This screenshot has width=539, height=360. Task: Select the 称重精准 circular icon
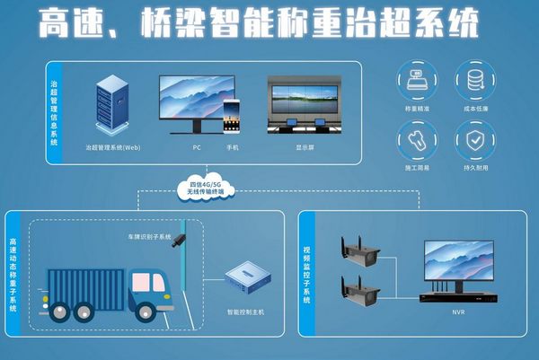click(416, 80)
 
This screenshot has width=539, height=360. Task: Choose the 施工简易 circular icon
click(416, 140)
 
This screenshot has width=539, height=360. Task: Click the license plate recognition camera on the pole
click(181, 240)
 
